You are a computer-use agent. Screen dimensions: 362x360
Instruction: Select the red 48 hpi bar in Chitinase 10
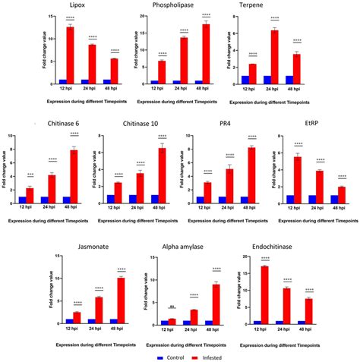(161, 175)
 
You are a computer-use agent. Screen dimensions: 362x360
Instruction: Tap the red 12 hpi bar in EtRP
(298, 179)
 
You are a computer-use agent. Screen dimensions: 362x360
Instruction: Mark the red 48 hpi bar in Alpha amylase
(217, 304)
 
